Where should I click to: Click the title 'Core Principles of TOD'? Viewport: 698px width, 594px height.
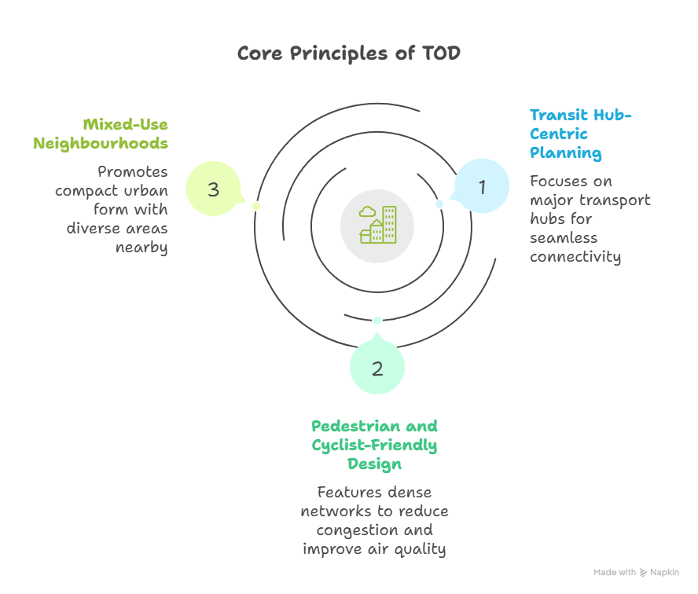click(348, 53)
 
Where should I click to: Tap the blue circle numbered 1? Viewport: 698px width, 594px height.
click(483, 187)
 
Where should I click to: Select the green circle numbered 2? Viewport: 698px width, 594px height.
click(377, 368)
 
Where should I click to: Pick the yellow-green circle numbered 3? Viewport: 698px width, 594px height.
click(213, 189)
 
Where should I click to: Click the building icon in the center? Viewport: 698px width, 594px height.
click(377, 225)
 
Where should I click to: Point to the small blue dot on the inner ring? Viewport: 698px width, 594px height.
click(439, 204)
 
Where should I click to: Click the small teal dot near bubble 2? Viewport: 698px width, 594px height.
click(377, 320)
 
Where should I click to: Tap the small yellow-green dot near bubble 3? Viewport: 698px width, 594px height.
click(255, 206)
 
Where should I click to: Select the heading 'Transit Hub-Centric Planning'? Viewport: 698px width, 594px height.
click(579, 134)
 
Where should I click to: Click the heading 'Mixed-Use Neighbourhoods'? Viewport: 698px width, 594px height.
click(101, 134)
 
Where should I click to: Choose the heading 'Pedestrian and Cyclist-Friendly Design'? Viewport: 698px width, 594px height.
click(375, 445)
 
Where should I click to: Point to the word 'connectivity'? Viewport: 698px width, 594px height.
click(575, 256)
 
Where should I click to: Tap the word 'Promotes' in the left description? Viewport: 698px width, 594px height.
click(132, 171)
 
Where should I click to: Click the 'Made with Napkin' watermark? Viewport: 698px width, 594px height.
click(636, 573)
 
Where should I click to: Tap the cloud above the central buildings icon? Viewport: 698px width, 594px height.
click(366, 211)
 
